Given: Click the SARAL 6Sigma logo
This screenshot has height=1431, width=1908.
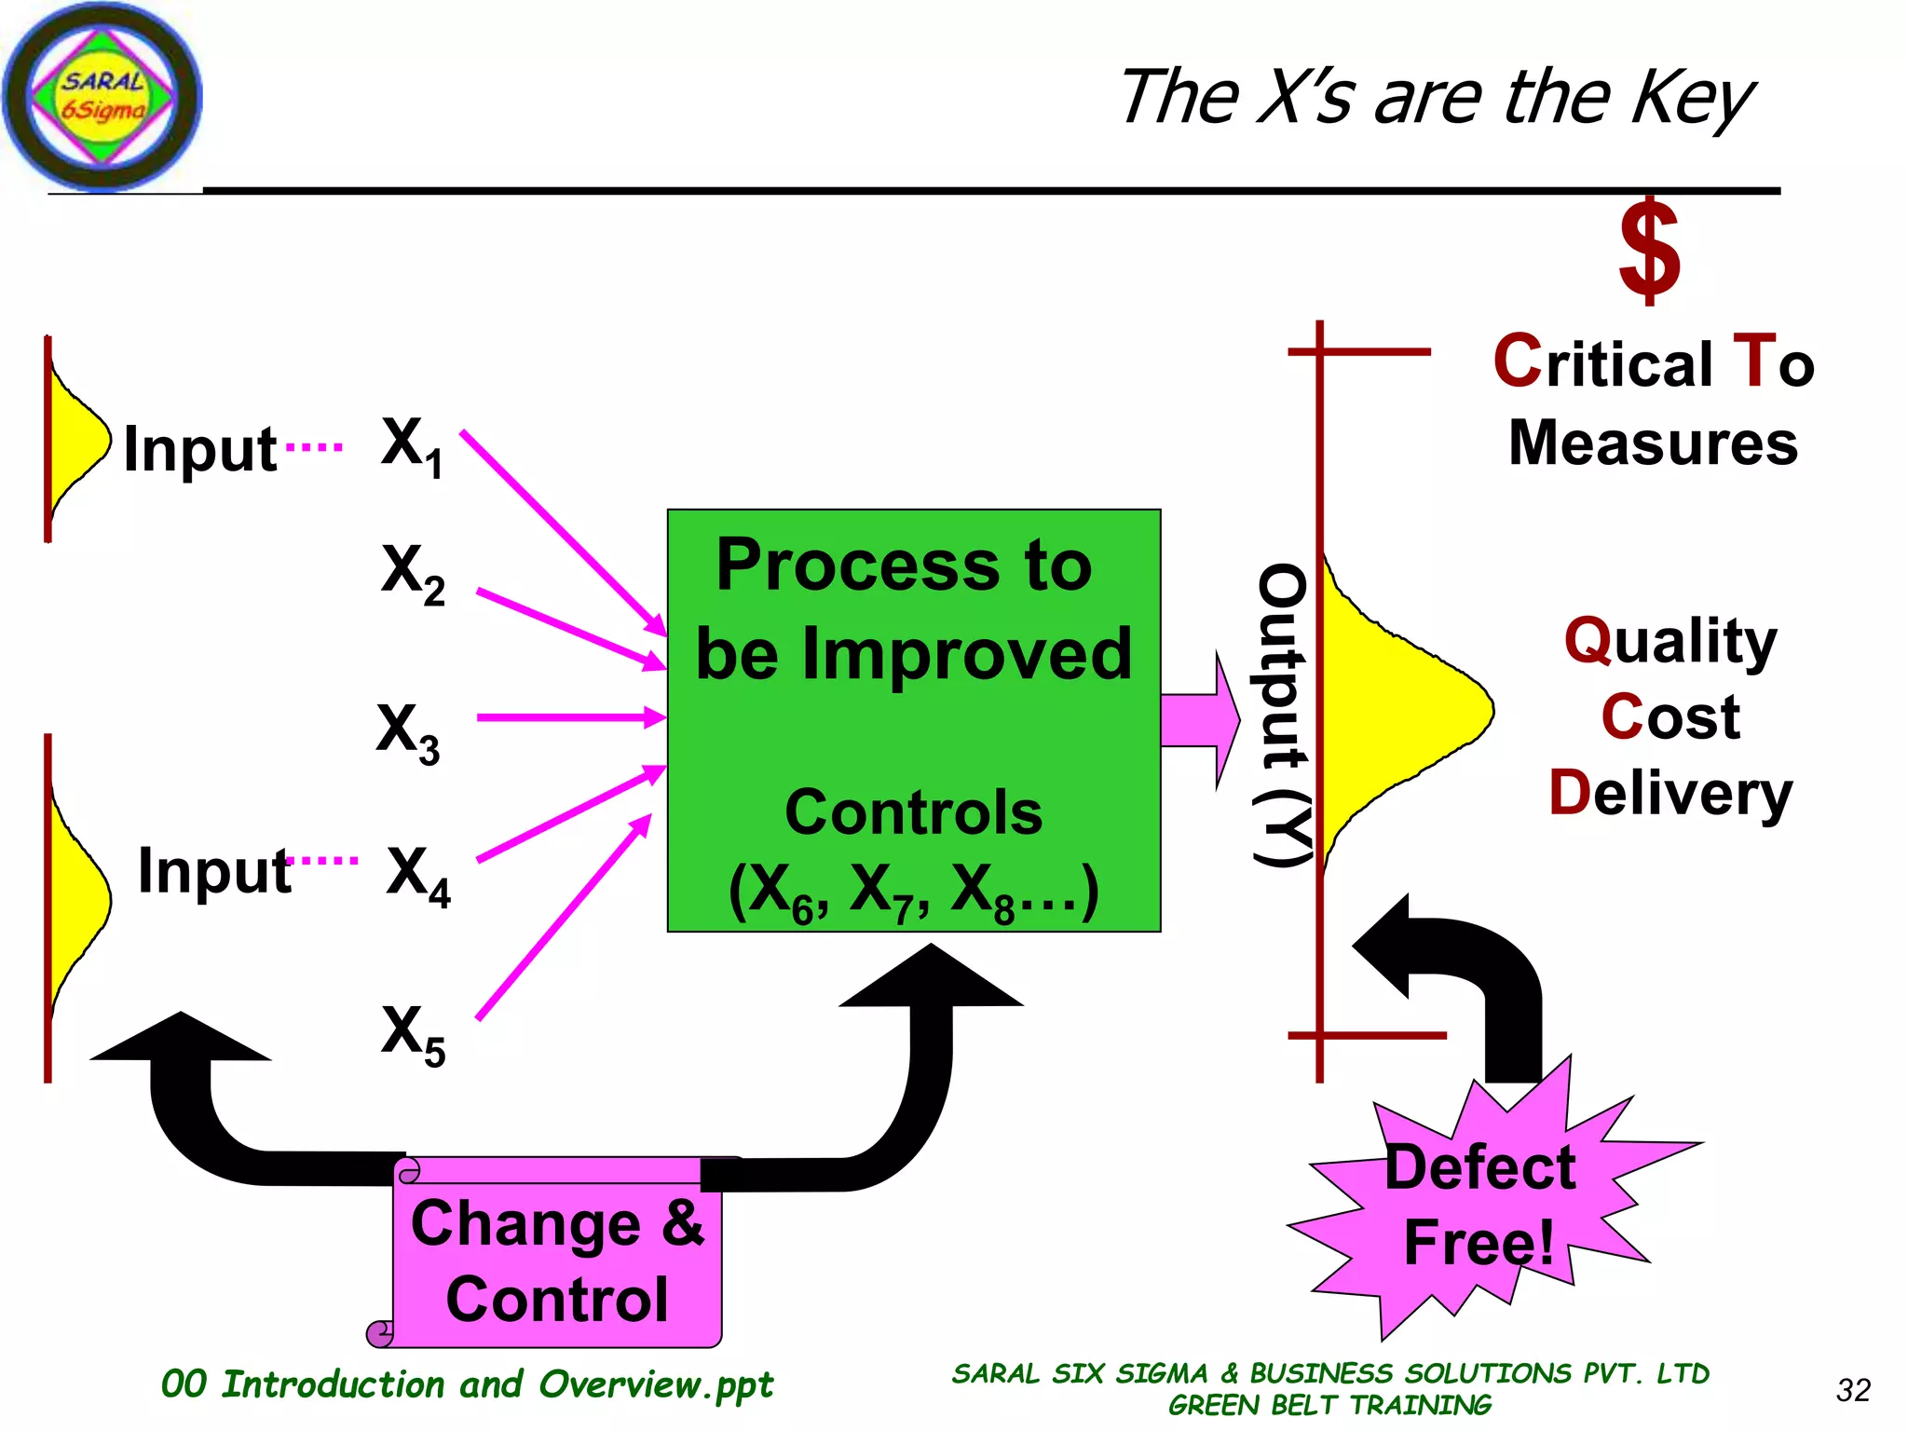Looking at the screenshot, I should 102,97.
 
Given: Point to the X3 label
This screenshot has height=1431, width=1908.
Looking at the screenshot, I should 408,732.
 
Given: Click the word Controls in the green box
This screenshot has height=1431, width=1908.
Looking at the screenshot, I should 913,812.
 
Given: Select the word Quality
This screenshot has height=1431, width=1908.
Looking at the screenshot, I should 1670,641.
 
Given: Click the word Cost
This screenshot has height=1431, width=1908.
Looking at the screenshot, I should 1670,717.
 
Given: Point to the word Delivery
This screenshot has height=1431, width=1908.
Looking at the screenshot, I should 1670,794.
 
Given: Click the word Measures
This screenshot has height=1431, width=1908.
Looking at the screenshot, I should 1653,443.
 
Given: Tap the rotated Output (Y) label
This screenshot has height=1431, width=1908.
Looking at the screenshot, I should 1284,715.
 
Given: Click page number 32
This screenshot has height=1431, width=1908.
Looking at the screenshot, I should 1853,1390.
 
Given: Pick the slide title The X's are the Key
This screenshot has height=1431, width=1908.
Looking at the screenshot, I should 1435,98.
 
